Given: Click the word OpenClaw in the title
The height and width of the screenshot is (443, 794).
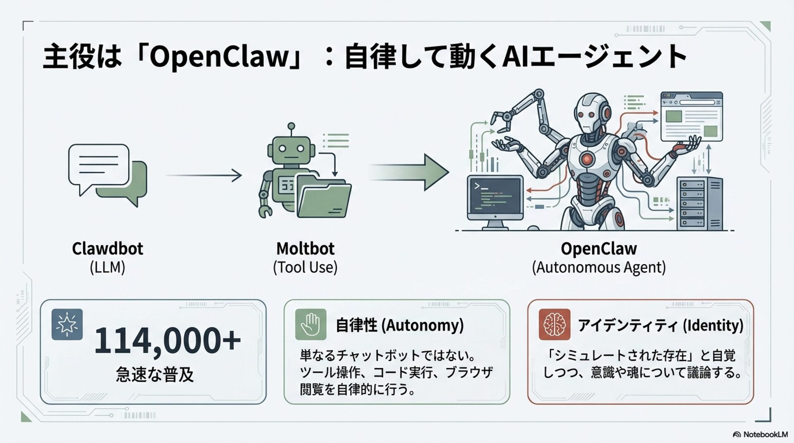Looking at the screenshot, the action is pyautogui.click(x=218, y=57).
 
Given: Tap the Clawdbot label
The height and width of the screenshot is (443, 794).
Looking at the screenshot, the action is pyautogui.click(x=108, y=249).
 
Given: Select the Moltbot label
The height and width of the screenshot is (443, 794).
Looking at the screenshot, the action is pyautogui.click(x=305, y=249).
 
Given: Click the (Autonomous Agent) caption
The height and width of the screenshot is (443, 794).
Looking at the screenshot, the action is pyautogui.click(x=598, y=267).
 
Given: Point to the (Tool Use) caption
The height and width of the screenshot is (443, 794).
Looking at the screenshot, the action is pyautogui.click(x=305, y=267).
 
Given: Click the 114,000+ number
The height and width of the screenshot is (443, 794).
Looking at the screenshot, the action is pyautogui.click(x=167, y=341).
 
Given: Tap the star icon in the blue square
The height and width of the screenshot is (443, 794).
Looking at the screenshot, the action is pyautogui.click(x=67, y=324).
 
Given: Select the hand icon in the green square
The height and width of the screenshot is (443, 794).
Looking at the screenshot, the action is pyautogui.click(x=311, y=324).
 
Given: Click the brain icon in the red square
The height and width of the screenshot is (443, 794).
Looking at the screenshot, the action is pyautogui.click(x=555, y=324).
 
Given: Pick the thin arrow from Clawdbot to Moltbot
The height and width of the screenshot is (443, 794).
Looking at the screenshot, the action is pyautogui.click(x=203, y=175).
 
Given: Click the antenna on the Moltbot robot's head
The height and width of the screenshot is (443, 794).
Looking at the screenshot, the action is pyautogui.click(x=291, y=126).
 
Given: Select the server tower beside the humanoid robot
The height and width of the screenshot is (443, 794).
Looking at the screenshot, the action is pyautogui.click(x=699, y=203).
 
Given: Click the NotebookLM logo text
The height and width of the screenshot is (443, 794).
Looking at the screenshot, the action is pyautogui.click(x=765, y=434).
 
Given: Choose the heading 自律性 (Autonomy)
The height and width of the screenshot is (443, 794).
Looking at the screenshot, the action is pyautogui.click(x=399, y=325).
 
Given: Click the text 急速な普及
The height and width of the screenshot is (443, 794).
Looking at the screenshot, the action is pyautogui.click(x=155, y=374).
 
